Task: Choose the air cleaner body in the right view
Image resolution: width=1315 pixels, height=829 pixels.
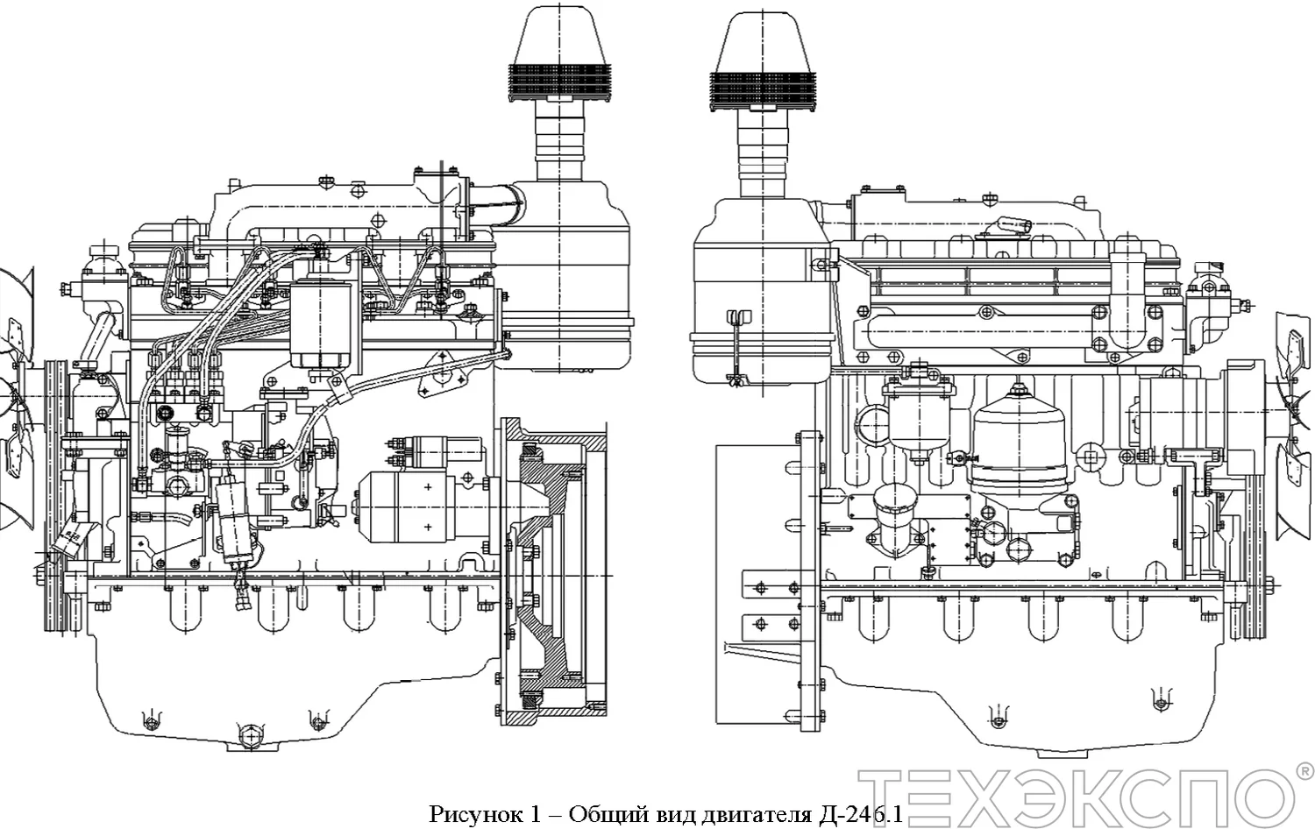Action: coord(758,289)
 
